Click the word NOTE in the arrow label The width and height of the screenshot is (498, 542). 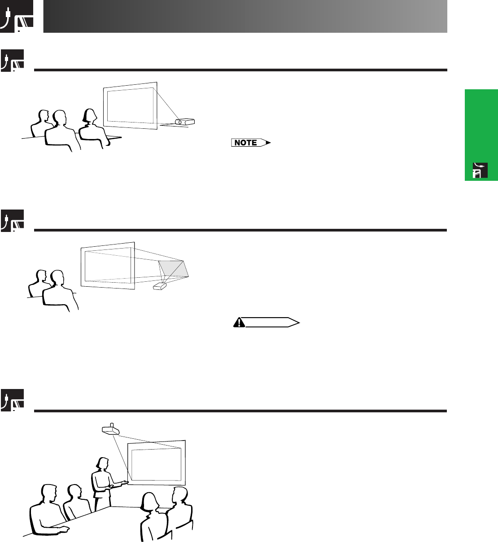(x=245, y=143)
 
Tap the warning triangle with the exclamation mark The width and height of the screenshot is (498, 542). (x=239, y=322)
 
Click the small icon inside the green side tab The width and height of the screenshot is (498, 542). (x=480, y=170)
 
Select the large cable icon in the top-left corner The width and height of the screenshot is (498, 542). (x=17, y=16)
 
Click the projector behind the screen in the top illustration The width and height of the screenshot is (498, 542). (x=185, y=122)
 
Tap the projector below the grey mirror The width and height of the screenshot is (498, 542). (x=160, y=286)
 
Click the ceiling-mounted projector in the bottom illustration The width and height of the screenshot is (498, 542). (x=110, y=429)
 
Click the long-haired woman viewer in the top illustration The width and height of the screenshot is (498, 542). (x=93, y=129)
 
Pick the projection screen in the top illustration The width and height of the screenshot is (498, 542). (x=130, y=105)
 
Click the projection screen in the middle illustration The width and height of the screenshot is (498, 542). (x=108, y=266)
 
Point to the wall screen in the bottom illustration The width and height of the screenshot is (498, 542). (x=157, y=463)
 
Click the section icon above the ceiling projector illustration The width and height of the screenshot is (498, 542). (x=12, y=400)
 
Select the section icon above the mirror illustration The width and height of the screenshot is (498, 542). (x=12, y=220)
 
